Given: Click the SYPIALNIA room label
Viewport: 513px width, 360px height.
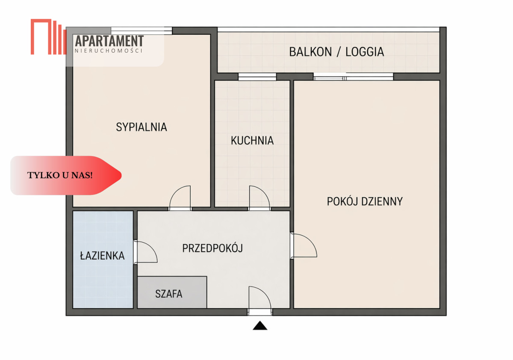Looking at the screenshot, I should coord(142,127).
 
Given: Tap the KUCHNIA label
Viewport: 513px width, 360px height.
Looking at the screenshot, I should coord(252,140).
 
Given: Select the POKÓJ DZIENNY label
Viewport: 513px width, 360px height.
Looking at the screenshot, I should coord(365,201).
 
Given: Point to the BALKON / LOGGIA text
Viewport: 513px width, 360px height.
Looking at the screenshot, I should coord(336,52).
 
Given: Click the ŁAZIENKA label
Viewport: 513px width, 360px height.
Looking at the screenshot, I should coord(102,256).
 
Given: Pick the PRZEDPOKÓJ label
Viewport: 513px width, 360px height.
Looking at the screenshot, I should coord(212,248).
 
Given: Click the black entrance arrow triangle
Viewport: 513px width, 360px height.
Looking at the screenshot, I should coord(260,326).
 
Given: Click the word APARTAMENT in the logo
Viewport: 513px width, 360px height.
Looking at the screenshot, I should coord(109,41).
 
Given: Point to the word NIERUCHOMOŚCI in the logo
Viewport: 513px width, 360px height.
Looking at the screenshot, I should coord(109,51).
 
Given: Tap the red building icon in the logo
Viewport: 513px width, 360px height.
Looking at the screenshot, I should coord(47,37).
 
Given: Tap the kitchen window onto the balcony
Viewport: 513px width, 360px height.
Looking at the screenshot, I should coord(257,77).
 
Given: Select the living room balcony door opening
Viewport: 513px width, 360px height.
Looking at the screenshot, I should coord(353,77).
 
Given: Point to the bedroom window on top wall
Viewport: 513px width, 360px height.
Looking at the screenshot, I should coord(141,30).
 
